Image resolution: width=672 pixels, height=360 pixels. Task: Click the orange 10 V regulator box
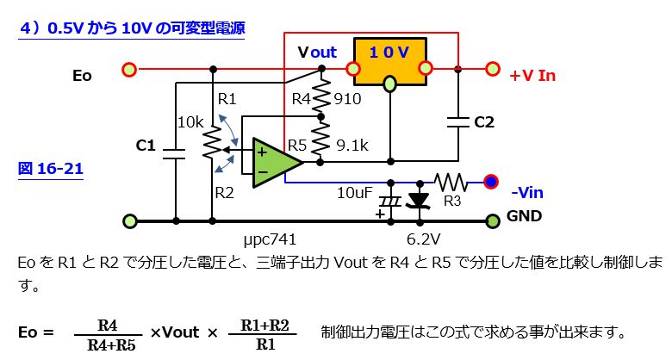tap(389, 61)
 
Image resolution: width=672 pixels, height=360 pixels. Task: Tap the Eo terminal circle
tap(129, 69)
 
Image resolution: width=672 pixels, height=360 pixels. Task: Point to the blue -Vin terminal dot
tap(491, 182)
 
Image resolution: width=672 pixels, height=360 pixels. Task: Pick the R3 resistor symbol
tap(451, 182)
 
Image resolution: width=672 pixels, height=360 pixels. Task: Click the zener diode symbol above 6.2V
tap(420, 201)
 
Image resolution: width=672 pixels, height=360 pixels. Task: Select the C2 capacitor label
tap(485, 122)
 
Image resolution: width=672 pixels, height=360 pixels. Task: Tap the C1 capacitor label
tap(146, 146)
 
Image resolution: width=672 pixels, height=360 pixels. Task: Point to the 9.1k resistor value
tap(352, 146)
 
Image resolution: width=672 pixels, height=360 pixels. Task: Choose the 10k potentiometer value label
tap(190, 122)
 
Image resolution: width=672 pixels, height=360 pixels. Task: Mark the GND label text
tap(524, 216)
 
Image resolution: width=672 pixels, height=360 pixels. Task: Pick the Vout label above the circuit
tap(317, 52)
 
